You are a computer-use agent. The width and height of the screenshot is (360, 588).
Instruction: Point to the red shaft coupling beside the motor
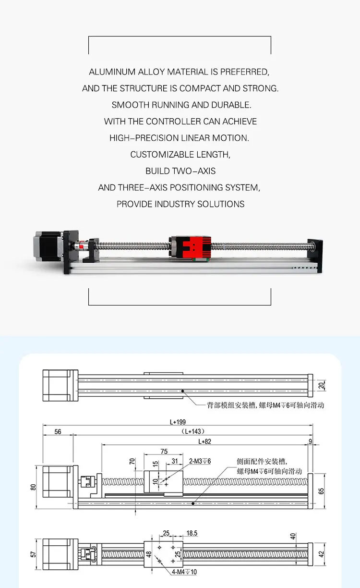[79, 245]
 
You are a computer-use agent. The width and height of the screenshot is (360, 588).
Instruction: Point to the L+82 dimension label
[205, 441]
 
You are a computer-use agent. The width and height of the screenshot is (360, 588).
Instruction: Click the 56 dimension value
[58, 432]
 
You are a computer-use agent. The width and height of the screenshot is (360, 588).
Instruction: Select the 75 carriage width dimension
[164, 451]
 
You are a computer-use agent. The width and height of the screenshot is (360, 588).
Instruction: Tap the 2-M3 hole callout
[200, 461]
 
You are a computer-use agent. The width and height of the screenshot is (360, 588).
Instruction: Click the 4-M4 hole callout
[184, 572]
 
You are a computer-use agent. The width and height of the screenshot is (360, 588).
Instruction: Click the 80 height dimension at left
[33, 487]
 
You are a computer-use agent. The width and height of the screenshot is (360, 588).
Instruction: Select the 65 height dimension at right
[322, 491]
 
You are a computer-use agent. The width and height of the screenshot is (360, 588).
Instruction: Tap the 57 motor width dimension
[33, 554]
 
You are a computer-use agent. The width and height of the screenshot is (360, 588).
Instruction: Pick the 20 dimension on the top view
[322, 385]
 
